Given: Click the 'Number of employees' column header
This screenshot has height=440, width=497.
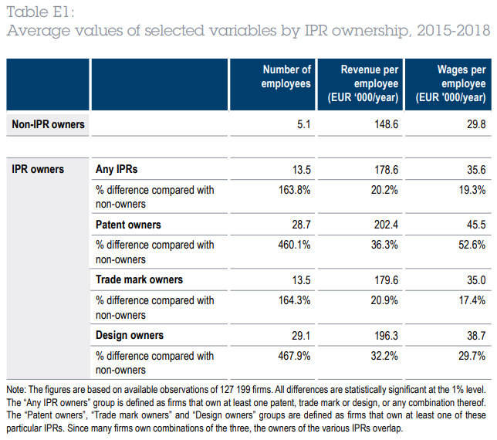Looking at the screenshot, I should [x=286, y=76].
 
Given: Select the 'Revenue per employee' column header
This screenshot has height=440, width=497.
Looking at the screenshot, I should [x=369, y=83].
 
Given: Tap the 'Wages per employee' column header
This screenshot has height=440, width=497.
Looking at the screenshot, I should [x=451, y=83].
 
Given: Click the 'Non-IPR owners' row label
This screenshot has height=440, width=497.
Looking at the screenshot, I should [x=48, y=124].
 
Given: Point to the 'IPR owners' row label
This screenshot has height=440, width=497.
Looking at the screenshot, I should [x=39, y=168].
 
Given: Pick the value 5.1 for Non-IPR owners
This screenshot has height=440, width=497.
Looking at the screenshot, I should [x=303, y=124].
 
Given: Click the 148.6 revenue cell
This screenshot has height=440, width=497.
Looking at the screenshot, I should [x=385, y=124].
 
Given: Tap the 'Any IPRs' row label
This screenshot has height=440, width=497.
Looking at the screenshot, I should [x=117, y=168].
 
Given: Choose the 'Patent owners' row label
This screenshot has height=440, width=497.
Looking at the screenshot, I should [x=128, y=224].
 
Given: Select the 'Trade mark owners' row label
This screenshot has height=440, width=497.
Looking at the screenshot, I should [x=139, y=279].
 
